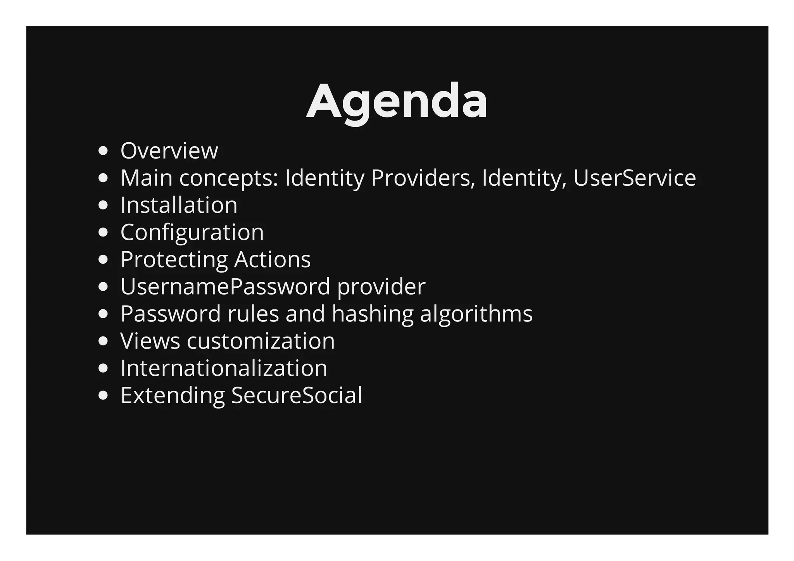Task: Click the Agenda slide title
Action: pos(397,102)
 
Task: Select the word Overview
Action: pos(169,151)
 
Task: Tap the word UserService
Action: pos(634,178)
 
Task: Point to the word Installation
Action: pos(179,205)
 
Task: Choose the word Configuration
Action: pos(192,232)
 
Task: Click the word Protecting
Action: pos(174,259)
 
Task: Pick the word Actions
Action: pos(272,259)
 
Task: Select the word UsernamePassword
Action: pos(225,287)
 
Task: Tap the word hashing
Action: pos(373,314)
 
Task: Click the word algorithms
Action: pos(476,314)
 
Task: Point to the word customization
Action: pos(261,341)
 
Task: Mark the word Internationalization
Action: pos(224,368)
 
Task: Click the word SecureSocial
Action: pos(297,395)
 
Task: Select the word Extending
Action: pos(173,395)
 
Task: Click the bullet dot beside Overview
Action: pos(103,151)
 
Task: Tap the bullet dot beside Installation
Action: pos(103,205)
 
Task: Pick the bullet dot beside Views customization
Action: pos(103,341)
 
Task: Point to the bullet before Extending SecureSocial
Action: pos(103,395)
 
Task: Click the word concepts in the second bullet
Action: pos(229,178)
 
